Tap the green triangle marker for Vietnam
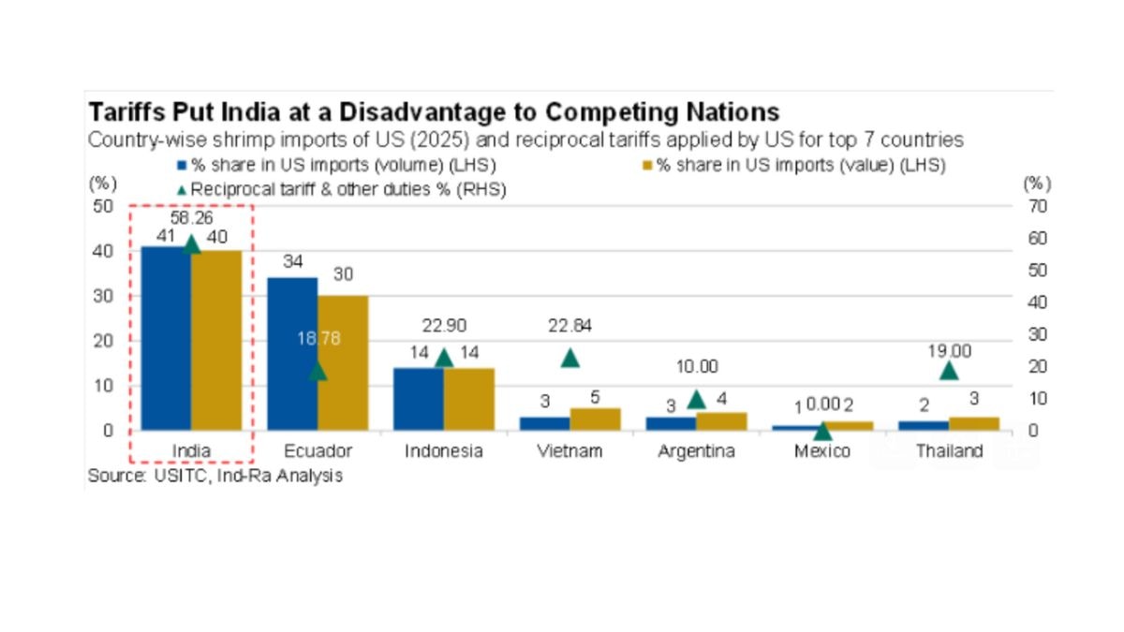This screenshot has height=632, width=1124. point(569,358)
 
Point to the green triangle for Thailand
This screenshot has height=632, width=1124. point(949,370)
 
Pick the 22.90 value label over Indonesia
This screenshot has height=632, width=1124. point(443,325)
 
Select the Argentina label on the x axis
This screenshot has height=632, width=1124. point(696,451)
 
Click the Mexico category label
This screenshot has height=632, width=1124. point(822,451)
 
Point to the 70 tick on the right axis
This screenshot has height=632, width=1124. point(1028,205)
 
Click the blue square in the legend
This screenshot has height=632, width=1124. point(184,166)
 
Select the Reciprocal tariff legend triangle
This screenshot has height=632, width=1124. point(182,189)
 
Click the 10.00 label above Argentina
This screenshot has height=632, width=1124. point(696,367)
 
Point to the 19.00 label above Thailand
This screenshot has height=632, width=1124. point(949,351)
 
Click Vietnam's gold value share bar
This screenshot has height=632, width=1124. point(595,419)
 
